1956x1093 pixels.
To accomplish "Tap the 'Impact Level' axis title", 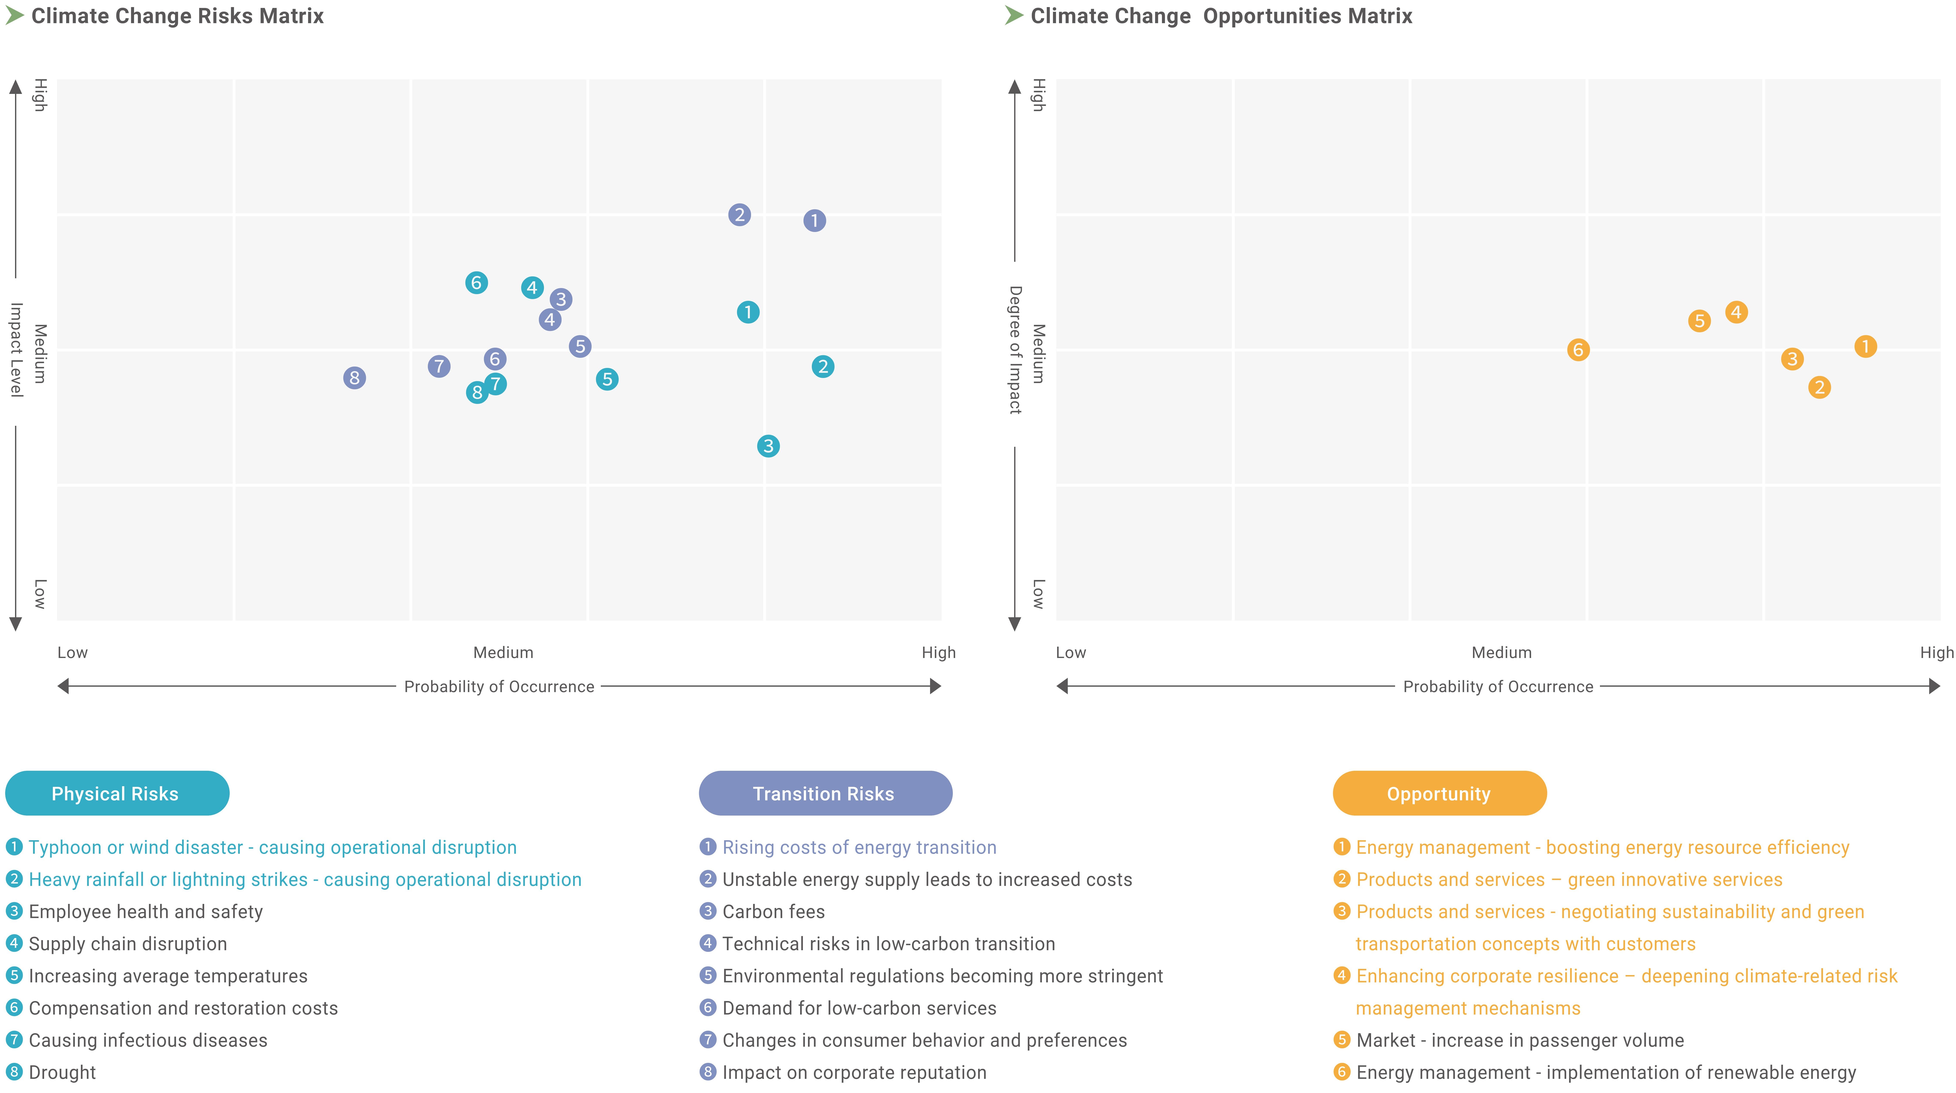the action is pos(16,350).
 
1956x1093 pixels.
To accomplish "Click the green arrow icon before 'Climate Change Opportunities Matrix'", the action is pos(1014,15).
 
